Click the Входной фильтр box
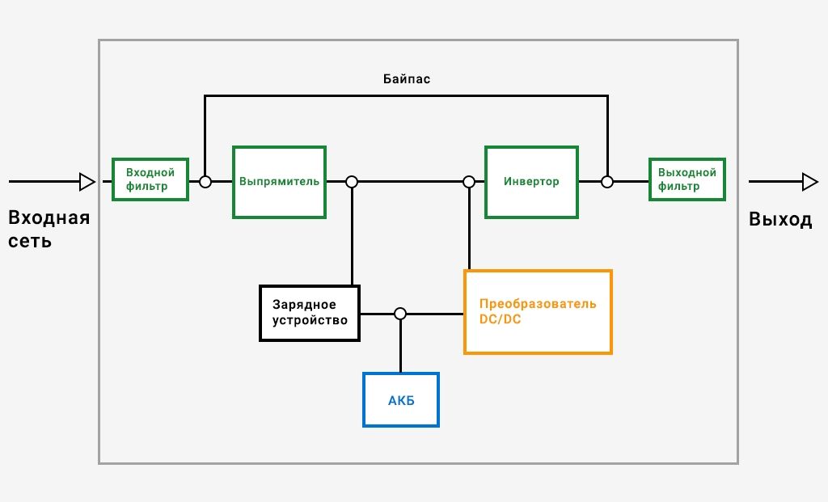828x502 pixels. coord(150,179)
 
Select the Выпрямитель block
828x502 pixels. coord(279,182)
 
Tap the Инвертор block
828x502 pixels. coord(531,182)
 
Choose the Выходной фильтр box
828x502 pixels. coord(687,179)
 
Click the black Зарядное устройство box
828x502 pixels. coord(310,313)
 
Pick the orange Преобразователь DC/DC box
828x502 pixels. coord(538,312)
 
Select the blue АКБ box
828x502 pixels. coord(401,399)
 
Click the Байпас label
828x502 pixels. coord(407,79)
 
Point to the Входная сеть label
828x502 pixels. coord(49,229)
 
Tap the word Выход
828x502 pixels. coord(780,219)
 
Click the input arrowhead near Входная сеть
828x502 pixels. coord(87,182)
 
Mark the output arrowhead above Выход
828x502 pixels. coord(810,182)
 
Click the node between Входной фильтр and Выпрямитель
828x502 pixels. coord(205,182)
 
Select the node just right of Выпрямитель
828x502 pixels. coord(352,182)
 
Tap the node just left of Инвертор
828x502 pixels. coord(469,182)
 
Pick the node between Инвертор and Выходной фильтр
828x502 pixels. coord(607,182)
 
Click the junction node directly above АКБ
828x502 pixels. coord(400,314)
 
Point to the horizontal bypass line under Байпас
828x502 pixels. coord(406,96)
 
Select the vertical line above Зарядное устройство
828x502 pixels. coord(353,237)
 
